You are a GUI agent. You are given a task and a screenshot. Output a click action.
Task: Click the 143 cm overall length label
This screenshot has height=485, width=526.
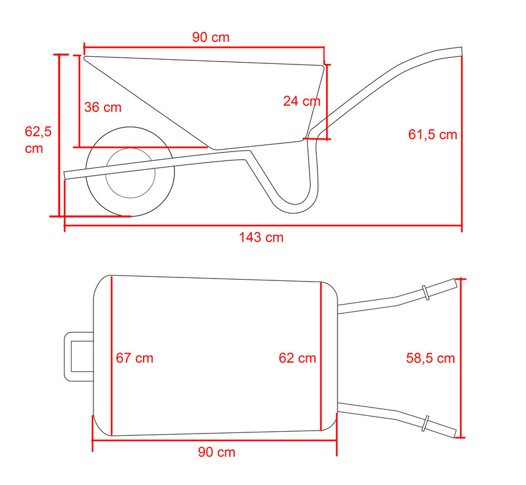(261, 238)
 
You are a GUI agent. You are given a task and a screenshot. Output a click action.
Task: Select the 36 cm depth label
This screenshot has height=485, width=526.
(102, 107)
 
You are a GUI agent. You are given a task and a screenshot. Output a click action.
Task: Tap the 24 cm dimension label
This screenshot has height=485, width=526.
(301, 101)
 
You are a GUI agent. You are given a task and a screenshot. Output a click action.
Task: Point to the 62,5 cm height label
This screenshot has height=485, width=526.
(38, 140)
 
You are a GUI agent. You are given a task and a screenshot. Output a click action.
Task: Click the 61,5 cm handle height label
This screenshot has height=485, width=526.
(433, 134)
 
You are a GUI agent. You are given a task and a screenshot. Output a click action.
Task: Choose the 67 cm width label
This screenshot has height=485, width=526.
(134, 358)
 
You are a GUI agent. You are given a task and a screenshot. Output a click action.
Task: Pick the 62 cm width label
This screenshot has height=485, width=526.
(297, 358)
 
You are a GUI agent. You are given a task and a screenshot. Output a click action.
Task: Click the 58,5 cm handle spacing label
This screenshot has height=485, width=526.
(430, 358)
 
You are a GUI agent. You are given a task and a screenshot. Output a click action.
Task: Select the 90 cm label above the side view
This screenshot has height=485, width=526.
(210, 37)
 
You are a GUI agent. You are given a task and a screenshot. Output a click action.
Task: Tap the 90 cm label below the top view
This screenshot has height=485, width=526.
(216, 452)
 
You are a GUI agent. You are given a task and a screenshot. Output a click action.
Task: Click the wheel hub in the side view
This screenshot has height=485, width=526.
(130, 173)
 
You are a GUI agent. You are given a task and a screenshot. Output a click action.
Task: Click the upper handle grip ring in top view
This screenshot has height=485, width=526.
(425, 293)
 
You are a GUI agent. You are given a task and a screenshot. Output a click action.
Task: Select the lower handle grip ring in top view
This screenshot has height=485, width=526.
(425, 423)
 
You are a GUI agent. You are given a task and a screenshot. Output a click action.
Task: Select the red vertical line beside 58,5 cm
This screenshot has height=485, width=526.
(462, 358)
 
